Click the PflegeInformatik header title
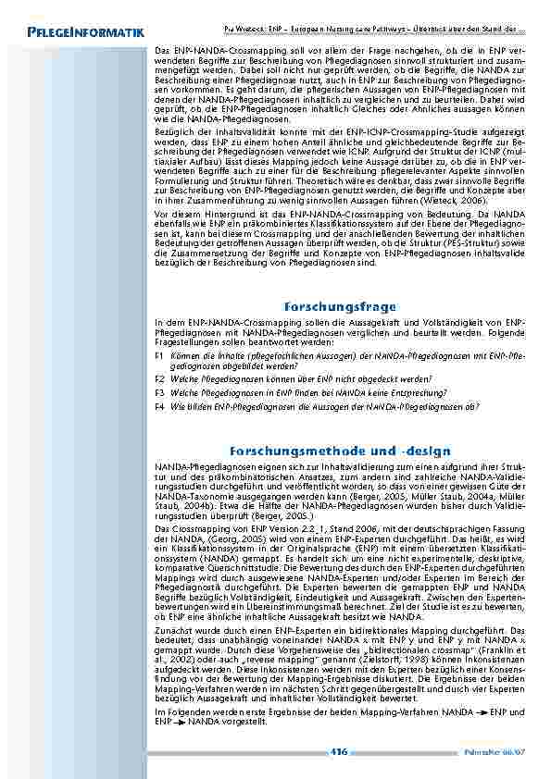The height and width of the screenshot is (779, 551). pyautogui.click(x=84, y=34)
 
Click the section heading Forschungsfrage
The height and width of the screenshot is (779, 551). pyautogui.click(x=340, y=306)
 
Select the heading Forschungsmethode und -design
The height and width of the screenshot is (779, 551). pyautogui.click(x=340, y=451)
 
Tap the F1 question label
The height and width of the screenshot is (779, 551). pyautogui.click(x=160, y=354)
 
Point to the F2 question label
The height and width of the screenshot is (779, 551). pyautogui.click(x=160, y=379)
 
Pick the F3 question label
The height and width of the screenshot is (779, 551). pyautogui.click(x=160, y=392)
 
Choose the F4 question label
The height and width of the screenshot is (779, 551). pyautogui.click(x=160, y=405)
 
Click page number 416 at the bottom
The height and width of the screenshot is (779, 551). pyautogui.click(x=339, y=752)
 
